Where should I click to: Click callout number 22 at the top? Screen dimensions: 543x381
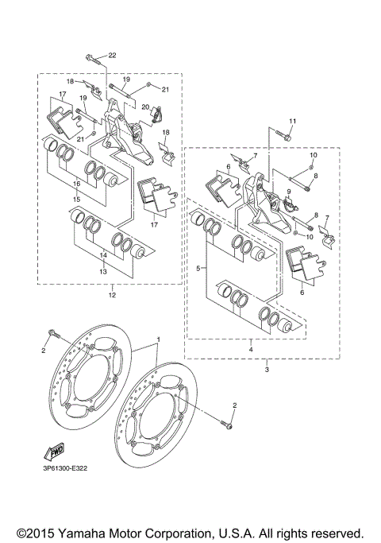[112, 55]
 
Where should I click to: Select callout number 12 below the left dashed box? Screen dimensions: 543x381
[112, 296]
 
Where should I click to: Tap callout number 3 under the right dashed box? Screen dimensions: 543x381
[267, 370]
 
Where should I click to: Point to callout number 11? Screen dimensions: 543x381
[291, 121]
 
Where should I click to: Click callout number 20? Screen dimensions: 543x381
[145, 107]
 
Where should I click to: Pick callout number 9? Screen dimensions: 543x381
[289, 191]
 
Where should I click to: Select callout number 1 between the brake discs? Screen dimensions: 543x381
[158, 339]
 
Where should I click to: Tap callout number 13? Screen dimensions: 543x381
[102, 271]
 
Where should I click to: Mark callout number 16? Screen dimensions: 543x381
[77, 183]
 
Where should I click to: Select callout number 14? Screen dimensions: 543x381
[102, 256]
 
